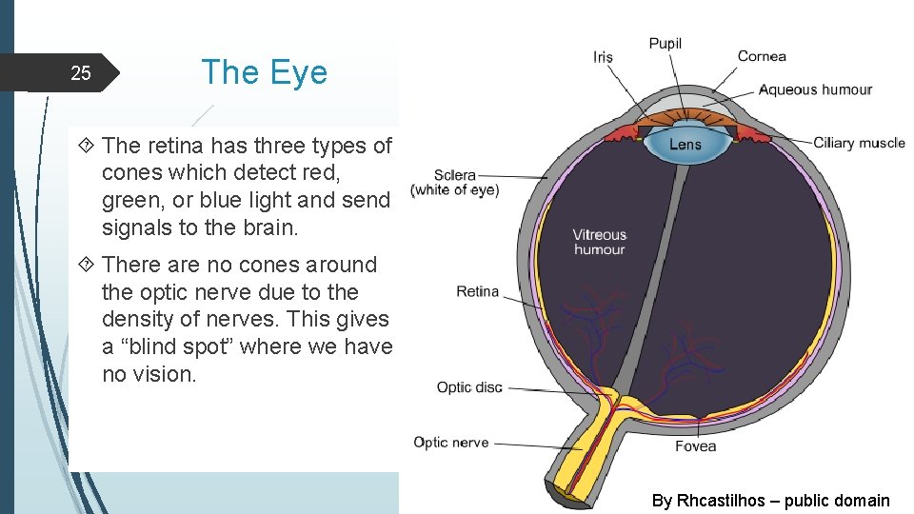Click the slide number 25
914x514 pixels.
[x=81, y=73]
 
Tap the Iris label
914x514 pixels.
[x=603, y=57]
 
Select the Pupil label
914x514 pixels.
[x=665, y=44]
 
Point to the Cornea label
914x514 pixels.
[x=762, y=56]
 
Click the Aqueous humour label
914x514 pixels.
[x=815, y=89]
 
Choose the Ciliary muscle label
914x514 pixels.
[x=859, y=143]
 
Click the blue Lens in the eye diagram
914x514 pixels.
[x=685, y=145]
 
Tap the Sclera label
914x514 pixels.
[x=455, y=175]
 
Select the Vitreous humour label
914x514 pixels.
[x=600, y=242]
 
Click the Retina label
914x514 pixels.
[x=478, y=291]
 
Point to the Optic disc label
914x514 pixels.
[x=469, y=387]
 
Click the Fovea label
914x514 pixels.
[x=695, y=446]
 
